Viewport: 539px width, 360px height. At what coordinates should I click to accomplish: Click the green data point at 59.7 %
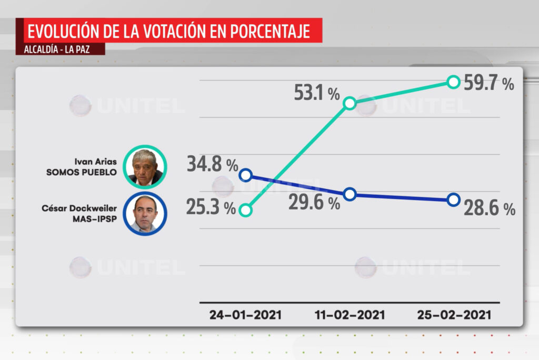click(x=453, y=82)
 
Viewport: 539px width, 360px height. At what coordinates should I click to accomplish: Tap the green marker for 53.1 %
click(x=350, y=103)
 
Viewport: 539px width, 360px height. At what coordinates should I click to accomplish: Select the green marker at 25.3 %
click(x=245, y=210)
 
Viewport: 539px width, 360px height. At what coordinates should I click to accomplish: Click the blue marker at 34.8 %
click(x=245, y=175)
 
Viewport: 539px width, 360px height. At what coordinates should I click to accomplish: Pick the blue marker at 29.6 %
click(x=350, y=194)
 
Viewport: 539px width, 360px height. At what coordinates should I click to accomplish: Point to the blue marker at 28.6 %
click(x=453, y=199)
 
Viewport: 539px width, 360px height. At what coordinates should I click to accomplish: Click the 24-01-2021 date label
click(x=245, y=315)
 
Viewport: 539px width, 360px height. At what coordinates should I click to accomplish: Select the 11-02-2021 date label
click(x=350, y=315)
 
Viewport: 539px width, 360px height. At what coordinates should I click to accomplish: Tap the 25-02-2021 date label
click(x=454, y=315)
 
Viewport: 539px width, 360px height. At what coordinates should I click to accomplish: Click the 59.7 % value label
click(x=489, y=83)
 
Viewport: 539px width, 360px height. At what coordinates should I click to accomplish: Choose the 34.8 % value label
click(x=212, y=165)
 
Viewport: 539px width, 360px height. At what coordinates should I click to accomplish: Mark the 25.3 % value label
click(x=211, y=207)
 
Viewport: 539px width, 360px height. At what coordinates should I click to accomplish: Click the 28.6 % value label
click(x=489, y=209)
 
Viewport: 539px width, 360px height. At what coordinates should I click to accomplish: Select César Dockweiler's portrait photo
click(x=145, y=214)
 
